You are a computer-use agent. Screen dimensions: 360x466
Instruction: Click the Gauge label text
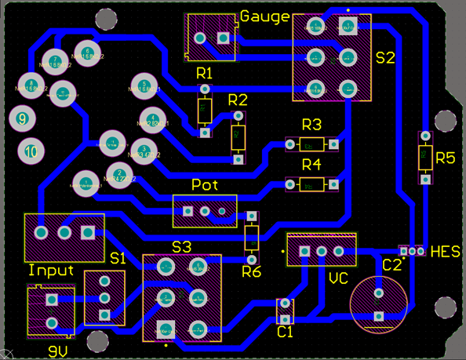pos(264,16)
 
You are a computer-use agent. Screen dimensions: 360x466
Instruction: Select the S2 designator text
pos(385,58)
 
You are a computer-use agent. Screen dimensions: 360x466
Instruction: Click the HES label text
pos(445,252)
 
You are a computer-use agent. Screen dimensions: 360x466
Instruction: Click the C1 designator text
pos(285,332)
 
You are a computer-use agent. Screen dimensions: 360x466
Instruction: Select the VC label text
pos(338,279)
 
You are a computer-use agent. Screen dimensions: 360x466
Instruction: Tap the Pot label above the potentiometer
pos(204,185)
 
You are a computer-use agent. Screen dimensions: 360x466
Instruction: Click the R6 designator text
pos(251,272)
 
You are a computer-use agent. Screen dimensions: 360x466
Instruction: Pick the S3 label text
pos(181,246)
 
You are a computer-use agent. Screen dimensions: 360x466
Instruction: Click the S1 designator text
pos(118,258)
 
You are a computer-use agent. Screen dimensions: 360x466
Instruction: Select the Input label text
pos(51,271)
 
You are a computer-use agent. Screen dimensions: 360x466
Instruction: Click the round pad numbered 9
pos(22,119)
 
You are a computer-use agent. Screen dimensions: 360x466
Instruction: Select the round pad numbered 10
pos(31,151)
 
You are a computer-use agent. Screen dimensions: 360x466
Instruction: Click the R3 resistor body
pos(311,144)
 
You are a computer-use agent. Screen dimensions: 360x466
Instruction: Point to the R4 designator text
pos(311,165)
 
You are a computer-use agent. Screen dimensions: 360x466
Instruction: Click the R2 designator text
pos(237,100)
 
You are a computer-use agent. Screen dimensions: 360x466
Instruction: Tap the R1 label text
pos(205,73)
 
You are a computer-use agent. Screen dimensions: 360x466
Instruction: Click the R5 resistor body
pos(424,158)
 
